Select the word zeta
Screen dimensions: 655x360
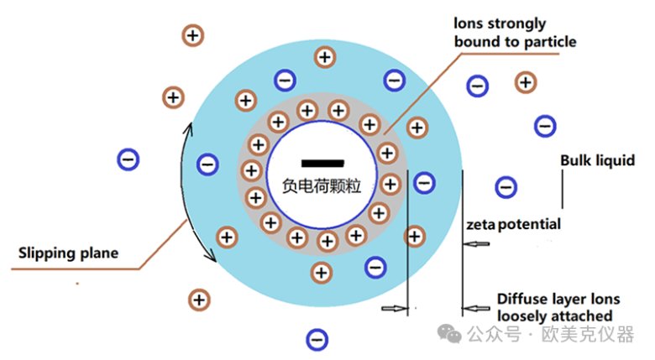[480, 225]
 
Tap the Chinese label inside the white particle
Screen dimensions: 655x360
[322, 185]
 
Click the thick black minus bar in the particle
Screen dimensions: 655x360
[323, 163]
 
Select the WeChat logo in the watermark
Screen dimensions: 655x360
[449, 333]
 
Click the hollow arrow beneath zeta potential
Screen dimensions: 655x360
[476, 244]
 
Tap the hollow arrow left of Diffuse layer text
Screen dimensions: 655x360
[476, 309]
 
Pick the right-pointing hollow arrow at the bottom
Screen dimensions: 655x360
[394, 309]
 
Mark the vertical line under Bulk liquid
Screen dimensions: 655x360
[562, 189]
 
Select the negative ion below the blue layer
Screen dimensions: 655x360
[317, 340]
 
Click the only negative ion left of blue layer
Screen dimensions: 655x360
[128, 159]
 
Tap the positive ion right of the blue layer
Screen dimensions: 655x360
[526, 82]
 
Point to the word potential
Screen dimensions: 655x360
[529, 225]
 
